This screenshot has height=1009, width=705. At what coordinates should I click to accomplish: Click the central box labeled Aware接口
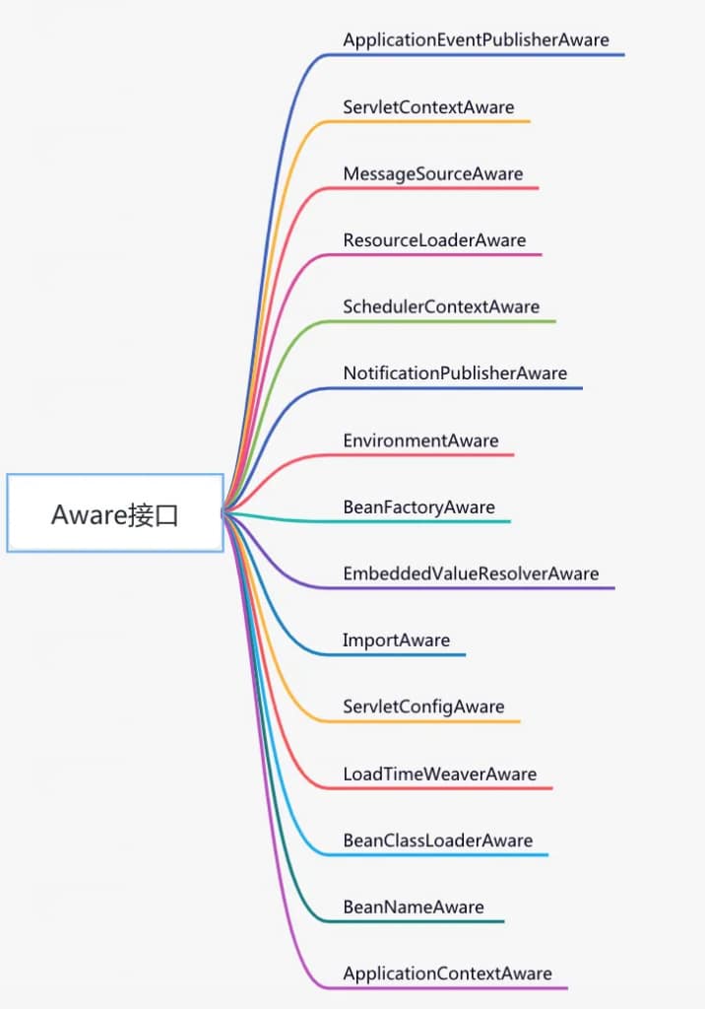click(x=115, y=512)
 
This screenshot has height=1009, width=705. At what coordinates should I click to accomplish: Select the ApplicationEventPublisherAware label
click(x=476, y=39)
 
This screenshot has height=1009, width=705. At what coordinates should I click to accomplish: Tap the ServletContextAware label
click(x=428, y=106)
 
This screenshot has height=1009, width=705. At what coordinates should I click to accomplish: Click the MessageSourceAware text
click(x=433, y=173)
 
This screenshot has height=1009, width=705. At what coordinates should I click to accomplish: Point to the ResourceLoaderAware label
click(x=434, y=240)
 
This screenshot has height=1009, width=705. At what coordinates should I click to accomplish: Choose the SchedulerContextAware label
click(x=441, y=306)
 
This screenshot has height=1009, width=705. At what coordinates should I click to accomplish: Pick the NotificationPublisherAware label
click(x=455, y=373)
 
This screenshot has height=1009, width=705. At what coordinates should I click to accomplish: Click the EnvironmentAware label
click(x=420, y=440)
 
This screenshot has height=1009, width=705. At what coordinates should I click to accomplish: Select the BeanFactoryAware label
click(x=418, y=507)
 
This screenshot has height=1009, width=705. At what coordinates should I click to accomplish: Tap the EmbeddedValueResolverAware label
click(x=471, y=573)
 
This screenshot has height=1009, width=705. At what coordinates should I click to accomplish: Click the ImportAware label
click(x=396, y=640)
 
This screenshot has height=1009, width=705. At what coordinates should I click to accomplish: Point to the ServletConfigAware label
click(x=423, y=706)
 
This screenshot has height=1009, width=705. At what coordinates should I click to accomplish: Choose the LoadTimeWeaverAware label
click(x=439, y=774)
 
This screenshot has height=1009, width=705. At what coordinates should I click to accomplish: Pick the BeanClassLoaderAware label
click(x=437, y=841)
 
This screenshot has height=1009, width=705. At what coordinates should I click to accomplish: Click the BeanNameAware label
click(x=413, y=908)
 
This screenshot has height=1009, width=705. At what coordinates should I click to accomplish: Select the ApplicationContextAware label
click(x=447, y=974)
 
